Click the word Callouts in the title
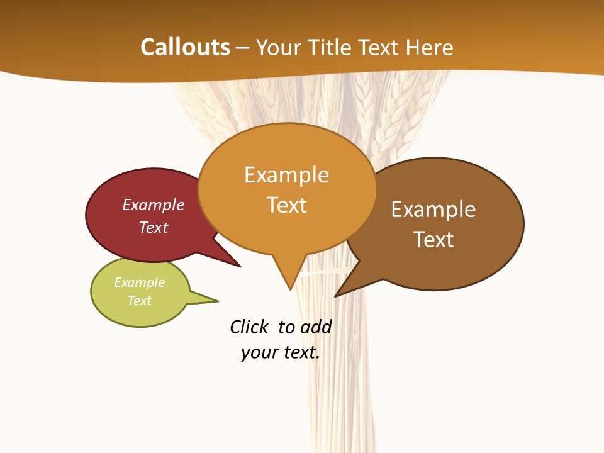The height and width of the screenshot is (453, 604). click(x=185, y=47)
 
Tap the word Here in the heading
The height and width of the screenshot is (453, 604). click(x=429, y=47)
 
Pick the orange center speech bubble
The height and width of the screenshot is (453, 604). click(x=287, y=233)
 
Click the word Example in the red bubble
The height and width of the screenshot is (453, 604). click(x=154, y=205)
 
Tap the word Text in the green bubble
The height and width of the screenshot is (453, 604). click(x=140, y=301)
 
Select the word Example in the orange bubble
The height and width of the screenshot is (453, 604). click(x=287, y=175)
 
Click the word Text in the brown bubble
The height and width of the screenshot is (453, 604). click(x=433, y=240)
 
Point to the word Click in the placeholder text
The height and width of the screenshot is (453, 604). click(x=249, y=327)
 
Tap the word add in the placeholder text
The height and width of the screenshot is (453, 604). click(x=315, y=327)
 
